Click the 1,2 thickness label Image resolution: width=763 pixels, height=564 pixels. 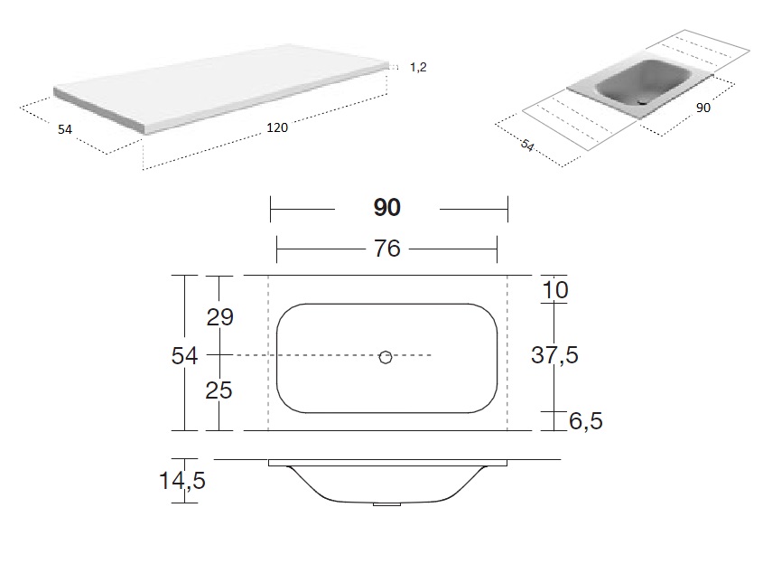[418, 67]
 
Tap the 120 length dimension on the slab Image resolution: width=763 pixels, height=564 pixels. [277, 127]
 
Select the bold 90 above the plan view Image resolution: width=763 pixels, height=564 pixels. [386, 208]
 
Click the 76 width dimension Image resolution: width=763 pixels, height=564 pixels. [386, 249]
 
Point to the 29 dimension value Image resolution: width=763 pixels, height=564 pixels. [220, 317]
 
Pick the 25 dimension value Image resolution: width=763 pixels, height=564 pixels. [219, 390]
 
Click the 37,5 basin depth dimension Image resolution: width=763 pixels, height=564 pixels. [554, 355]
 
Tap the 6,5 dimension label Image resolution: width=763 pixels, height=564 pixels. [586, 421]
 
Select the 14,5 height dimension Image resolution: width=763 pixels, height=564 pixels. [182, 481]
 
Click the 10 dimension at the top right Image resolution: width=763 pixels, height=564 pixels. [554, 290]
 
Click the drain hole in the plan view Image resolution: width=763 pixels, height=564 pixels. [386, 358]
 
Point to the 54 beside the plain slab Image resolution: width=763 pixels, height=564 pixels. [65, 129]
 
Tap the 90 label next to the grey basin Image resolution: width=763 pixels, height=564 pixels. [703, 108]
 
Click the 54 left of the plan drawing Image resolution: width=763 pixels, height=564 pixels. [184, 356]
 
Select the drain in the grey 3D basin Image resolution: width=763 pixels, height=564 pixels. [643, 102]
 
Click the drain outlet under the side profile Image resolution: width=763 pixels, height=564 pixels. [386, 504]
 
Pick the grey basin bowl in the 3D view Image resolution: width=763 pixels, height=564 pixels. [643, 82]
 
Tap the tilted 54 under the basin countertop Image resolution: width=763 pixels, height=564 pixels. [527, 145]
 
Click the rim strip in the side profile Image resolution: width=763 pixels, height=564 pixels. [388, 463]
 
